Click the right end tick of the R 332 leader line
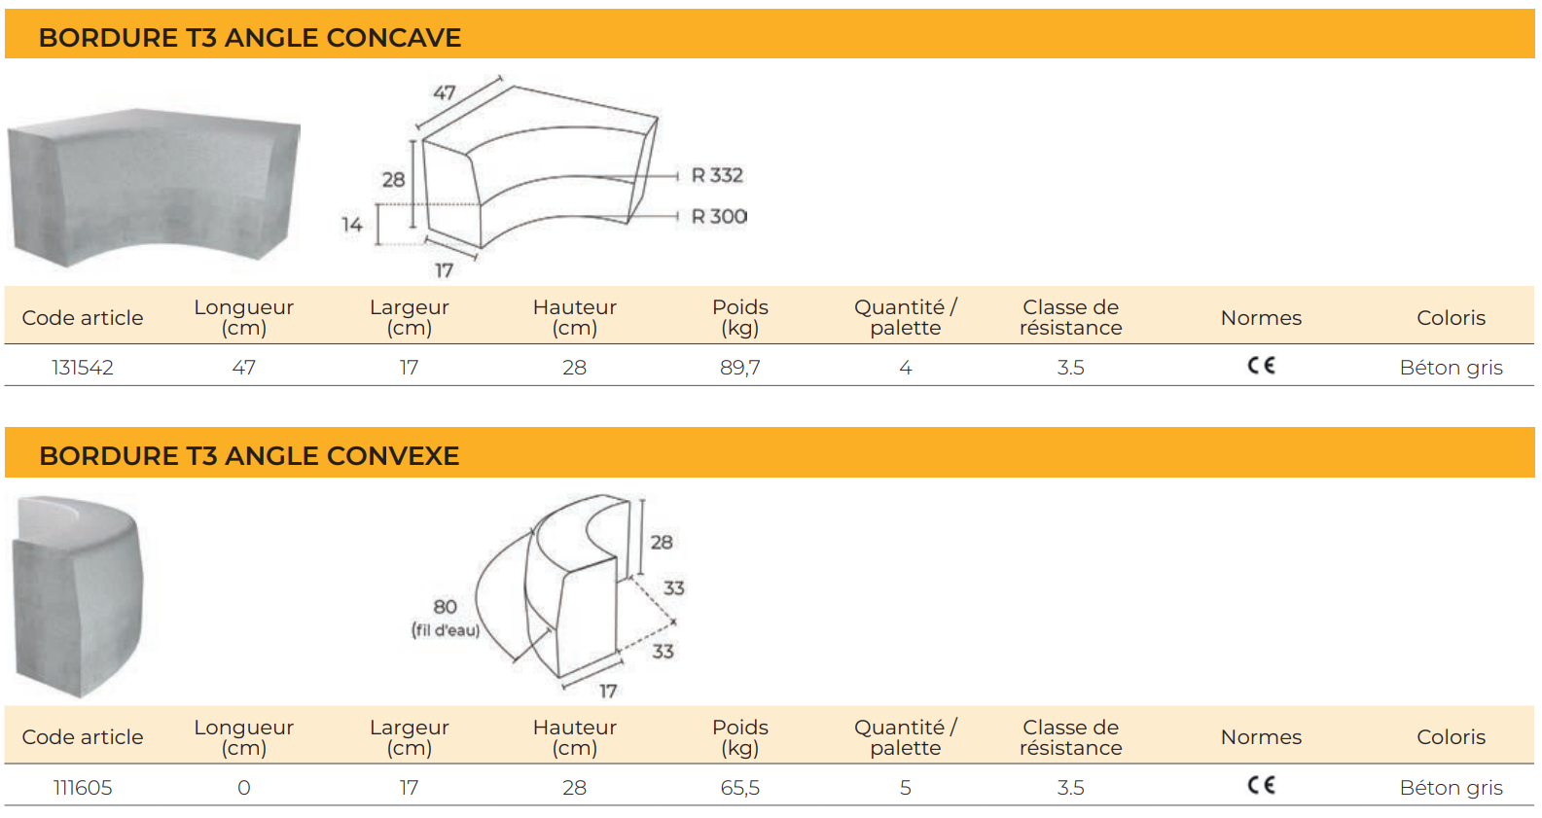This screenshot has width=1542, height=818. (677, 176)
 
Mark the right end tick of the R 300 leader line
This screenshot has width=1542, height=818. (677, 216)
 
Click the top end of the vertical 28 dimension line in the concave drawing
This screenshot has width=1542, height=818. (413, 141)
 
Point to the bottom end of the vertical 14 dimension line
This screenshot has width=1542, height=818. (377, 243)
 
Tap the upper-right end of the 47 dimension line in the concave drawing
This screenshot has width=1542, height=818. (500, 79)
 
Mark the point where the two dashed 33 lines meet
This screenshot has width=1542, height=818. (674, 622)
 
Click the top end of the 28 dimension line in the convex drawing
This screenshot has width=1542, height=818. (641, 500)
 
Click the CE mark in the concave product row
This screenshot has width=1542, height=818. (1261, 366)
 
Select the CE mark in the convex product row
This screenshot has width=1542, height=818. (1261, 785)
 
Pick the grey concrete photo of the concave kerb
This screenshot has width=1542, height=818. (154, 187)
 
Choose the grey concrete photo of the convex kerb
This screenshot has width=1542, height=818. (78, 596)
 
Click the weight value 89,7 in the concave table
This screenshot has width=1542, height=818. (740, 368)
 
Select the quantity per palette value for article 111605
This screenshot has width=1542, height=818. (905, 787)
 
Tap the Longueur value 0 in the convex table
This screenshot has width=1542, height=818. (243, 787)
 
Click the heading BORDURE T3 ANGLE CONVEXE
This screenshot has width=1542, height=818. (249, 455)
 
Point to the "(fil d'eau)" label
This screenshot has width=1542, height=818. (446, 629)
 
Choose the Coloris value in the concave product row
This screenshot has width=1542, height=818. (1452, 368)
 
